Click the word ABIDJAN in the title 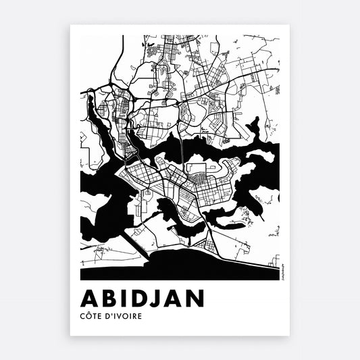click(143, 298)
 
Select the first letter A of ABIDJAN click(89, 298)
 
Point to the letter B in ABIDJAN click(108, 298)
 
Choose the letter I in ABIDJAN click(124, 298)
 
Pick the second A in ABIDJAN click(178, 298)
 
